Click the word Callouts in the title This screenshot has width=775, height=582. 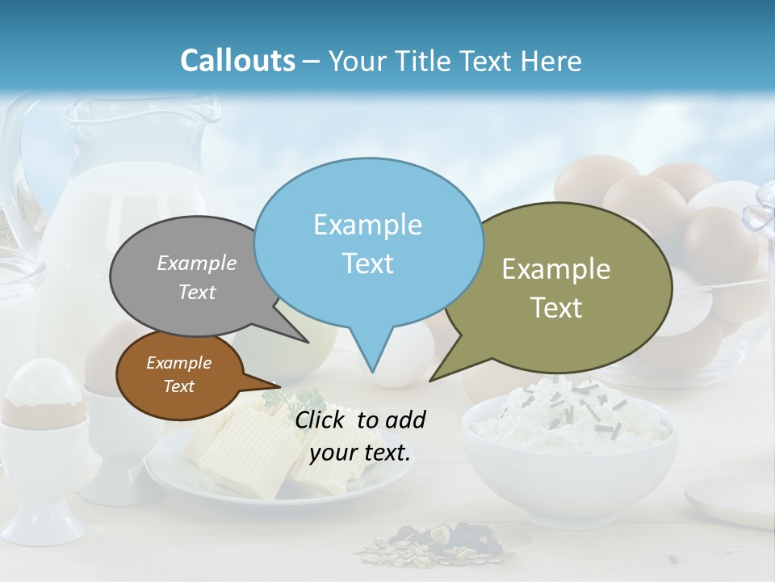click(x=237, y=61)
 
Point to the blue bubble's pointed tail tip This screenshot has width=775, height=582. click(x=372, y=371)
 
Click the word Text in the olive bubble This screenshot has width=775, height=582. click(x=556, y=308)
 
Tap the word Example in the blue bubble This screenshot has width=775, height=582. click(x=367, y=224)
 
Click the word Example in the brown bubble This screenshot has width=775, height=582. click(x=178, y=363)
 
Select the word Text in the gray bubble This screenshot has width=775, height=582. click(x=197, y=292)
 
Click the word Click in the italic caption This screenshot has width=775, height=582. click(x=321, y=420)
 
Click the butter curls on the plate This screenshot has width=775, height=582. click(x=242, y=449)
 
